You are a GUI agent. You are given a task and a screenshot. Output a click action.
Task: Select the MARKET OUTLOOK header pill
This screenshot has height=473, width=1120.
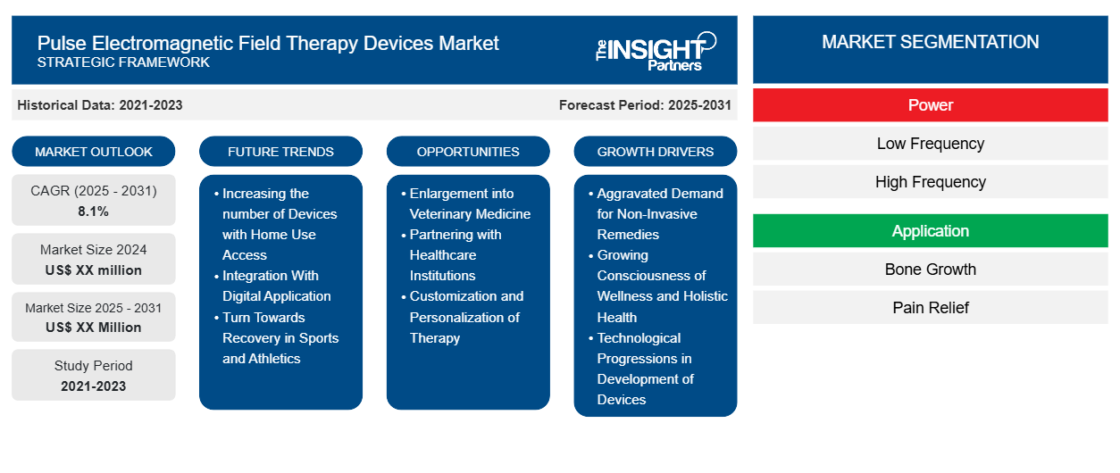(x=94, y=152)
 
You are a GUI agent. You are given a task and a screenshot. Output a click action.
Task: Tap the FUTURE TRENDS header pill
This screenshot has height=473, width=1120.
(x=280, y=152)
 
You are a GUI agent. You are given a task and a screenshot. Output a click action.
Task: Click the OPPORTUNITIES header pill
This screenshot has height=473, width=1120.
(x=468, y=152)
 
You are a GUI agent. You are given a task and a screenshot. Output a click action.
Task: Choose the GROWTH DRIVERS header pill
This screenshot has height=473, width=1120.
(x=656, y=152)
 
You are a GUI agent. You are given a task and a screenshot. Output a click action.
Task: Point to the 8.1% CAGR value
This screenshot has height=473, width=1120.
(x=94, y=212)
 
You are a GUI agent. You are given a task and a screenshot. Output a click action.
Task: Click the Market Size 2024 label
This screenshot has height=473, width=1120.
(x=94, y=250)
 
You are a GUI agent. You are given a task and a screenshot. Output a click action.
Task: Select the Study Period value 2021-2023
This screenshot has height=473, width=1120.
(x=94, y=386)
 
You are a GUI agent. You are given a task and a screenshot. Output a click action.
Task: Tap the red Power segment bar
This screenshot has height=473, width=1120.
(x=930, y=105)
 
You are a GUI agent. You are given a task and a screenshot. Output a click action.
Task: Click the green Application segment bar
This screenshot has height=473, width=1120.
(x=930, y=231)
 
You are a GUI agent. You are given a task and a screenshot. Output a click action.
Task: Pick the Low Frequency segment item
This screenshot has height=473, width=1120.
(x=930, y=144)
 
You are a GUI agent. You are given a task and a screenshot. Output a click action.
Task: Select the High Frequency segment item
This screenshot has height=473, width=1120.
(x=930, y=182)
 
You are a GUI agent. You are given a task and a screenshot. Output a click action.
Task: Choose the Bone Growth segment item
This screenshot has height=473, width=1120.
(x=930, y=270)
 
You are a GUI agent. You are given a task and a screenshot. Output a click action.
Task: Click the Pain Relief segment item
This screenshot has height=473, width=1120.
(x=930, y=308)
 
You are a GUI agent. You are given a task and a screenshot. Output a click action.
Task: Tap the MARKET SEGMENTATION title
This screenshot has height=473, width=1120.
(x=930, y=42)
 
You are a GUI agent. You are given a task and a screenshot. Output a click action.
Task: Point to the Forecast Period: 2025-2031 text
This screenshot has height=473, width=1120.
(x=645, y=105)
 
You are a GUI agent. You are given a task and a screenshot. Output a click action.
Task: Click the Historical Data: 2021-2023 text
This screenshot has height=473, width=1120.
(x=100, y=105)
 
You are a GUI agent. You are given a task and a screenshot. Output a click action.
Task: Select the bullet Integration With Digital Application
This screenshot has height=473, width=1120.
(x=276, y=286)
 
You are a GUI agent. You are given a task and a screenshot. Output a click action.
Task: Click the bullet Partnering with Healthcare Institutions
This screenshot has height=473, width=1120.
(x=456, y=255)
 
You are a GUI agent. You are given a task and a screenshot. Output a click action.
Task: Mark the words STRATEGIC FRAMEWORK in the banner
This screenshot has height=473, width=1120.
(x=124, y=62)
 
